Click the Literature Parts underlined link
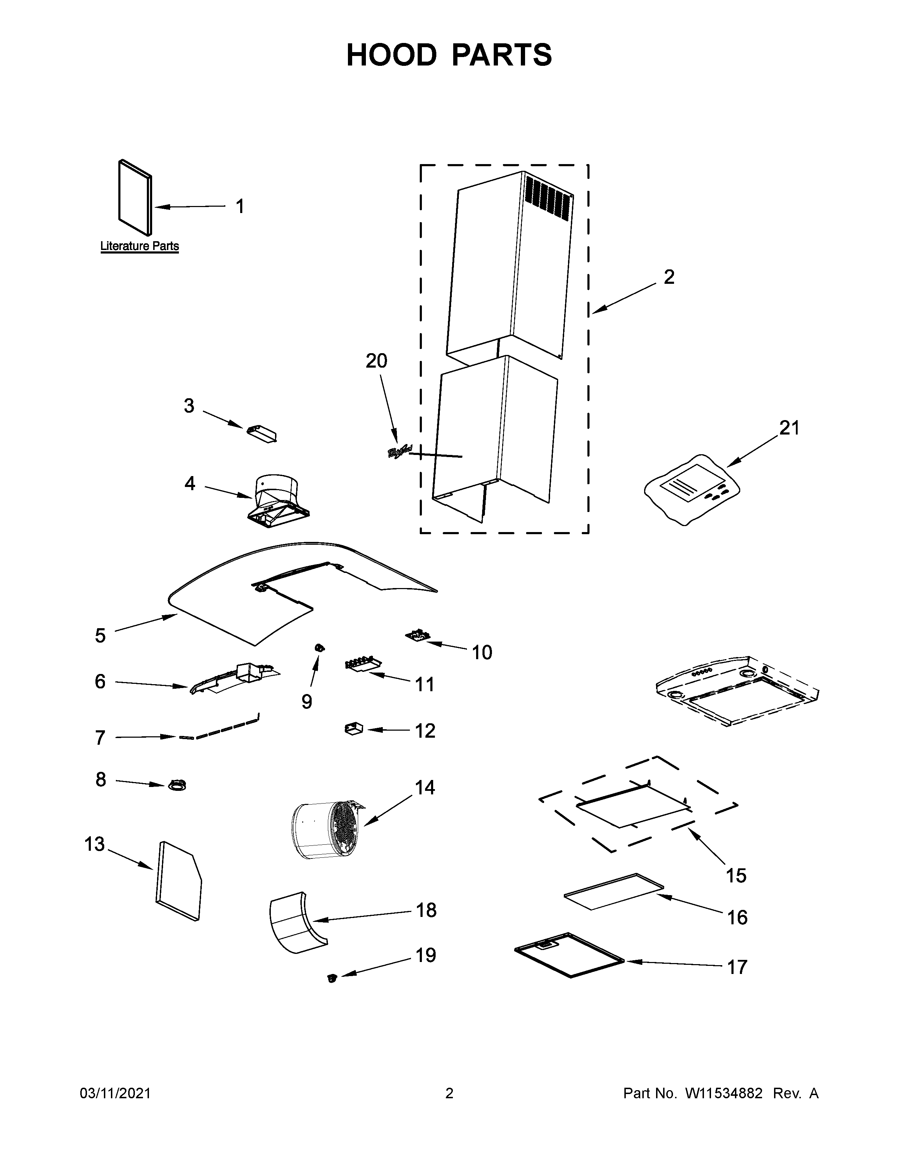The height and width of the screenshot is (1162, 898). (x=139, y=246)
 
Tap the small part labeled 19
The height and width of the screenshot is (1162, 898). (x=332, y=977)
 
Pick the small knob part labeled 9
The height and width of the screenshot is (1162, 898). (x=320, y=648)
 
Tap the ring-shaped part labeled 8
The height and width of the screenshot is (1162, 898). (x=177, y=785)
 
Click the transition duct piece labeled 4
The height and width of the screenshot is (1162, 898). (x=278, y=500)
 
